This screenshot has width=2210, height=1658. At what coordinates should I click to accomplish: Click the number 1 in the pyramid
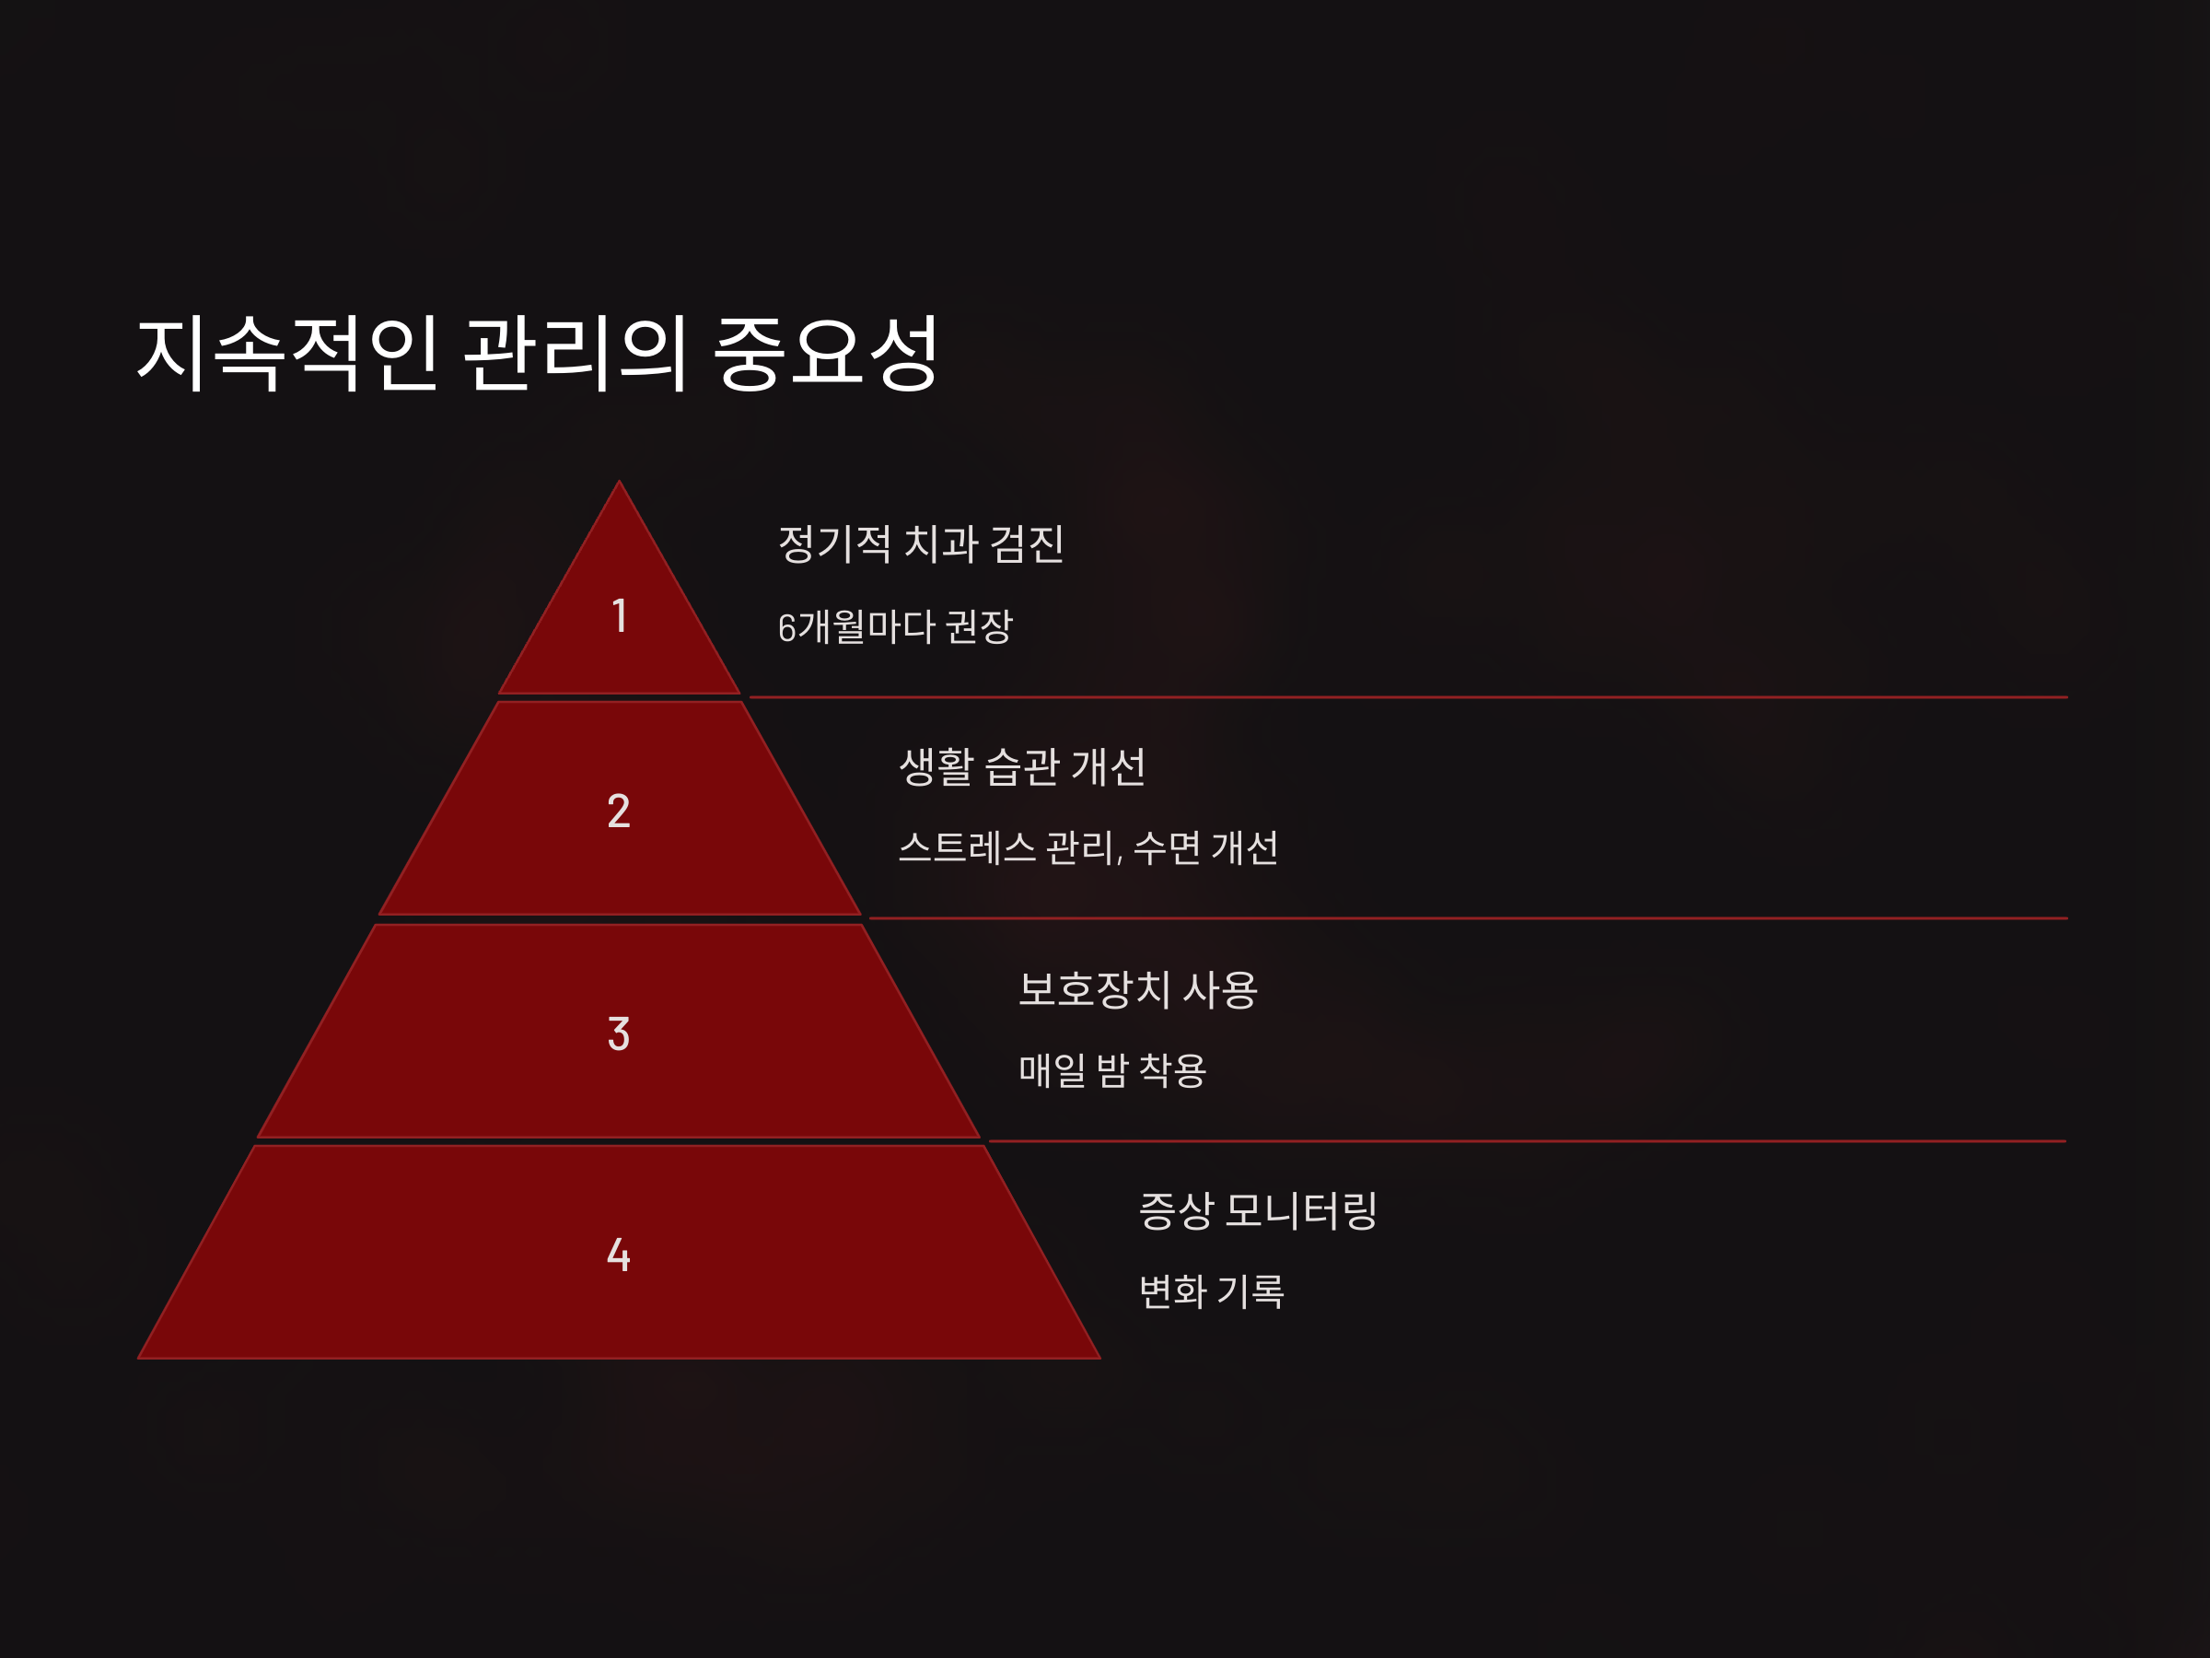pyautogui.click(x=620, y=615)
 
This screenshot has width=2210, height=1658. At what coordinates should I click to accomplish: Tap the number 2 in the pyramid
pyautogui.click(x=619, y=811)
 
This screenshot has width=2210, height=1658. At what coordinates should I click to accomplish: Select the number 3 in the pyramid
pyautogui.click(x=619, y=1033)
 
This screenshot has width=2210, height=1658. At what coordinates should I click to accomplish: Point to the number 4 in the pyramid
pyautogui.click(x=619, y=1255)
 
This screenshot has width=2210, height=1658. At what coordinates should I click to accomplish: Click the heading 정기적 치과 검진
pyautogui.click(x=920, y=543)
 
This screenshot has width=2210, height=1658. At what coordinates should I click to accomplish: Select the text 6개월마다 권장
pyautogui.click(x=895, y=627)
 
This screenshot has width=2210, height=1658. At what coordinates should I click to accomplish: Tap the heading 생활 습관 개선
pyautogui.click(x=1022, y=766)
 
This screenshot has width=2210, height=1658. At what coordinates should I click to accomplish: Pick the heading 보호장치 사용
pyautogui.click(x=1138, y=989)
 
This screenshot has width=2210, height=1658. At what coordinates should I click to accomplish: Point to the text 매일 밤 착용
pyautogui.click(x=1112, y=1070)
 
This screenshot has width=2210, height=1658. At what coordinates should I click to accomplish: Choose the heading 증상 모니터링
pyautogui.click(x=1258, y=1210)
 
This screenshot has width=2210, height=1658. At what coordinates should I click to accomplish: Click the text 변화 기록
pyautogui.click(x=1211, y=1291)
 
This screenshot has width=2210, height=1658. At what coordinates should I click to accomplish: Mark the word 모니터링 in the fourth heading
pyautogui.click(x=1301, y=1210)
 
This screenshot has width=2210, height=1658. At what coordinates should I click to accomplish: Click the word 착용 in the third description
pyautogui.click(x=1173, y=1070)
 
